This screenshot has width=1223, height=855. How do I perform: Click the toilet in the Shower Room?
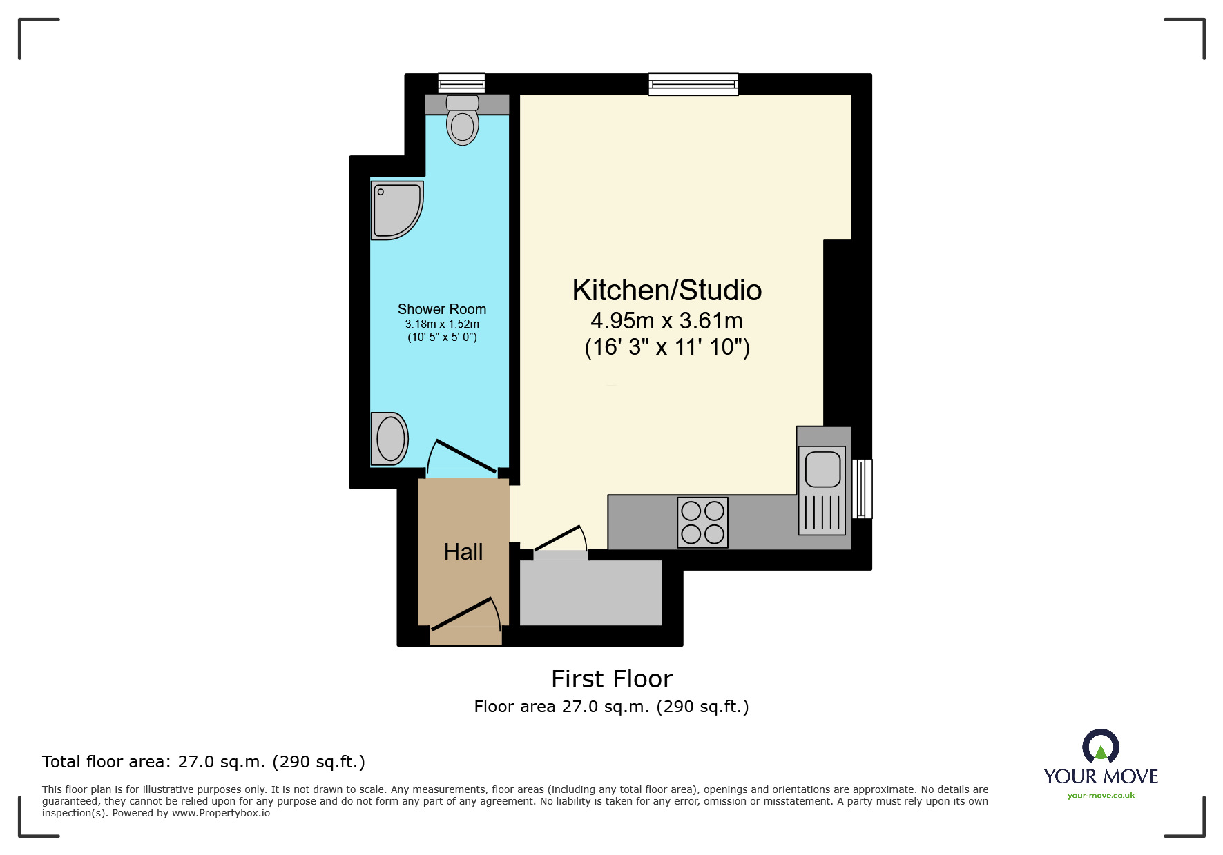pos(462,123)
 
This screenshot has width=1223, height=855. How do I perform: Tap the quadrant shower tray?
pos(394,208)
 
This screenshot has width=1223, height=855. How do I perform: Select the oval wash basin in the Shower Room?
pos(390,439)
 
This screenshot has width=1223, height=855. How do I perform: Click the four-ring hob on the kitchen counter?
pos(702,522)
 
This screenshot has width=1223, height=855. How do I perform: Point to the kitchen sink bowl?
pos(822,469)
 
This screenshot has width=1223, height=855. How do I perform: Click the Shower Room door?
pos(464,456)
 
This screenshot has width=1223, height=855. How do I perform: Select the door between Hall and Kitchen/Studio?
pos(558,538)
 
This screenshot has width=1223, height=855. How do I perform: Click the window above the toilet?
pos(461,83)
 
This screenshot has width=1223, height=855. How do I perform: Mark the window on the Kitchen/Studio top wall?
pos(693,84)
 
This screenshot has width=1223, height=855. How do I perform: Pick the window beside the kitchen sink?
pos(862,489)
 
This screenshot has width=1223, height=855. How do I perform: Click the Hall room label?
pos(463,552)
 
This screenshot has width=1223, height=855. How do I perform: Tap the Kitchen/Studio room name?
pos(666,291)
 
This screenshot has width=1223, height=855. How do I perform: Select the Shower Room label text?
pos(442,309)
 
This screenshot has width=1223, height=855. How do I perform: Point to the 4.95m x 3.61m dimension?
pos(666,321)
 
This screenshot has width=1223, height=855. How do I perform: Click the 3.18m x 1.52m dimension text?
pos(442,324)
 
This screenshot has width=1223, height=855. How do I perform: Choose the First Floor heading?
pos(612,679)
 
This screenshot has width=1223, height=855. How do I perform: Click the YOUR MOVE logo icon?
pos(1100,747)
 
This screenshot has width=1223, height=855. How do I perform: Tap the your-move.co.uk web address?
pos(1101,796)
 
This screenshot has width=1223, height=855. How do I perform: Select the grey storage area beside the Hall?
pos(590,592)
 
